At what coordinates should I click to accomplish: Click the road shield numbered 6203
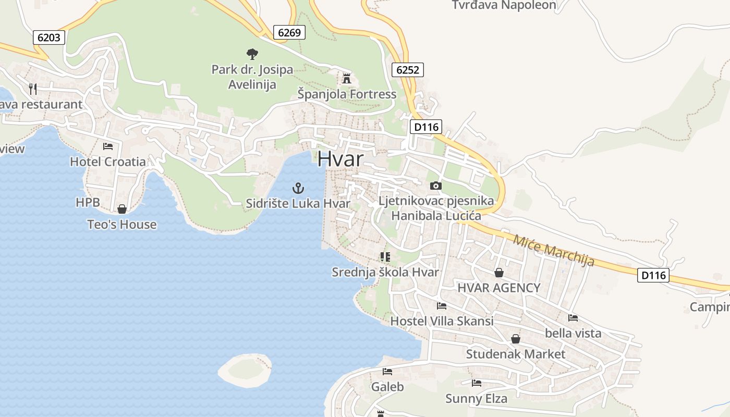(50, 38)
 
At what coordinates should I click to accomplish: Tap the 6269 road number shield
(289, 32)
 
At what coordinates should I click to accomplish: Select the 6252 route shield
(407, 70)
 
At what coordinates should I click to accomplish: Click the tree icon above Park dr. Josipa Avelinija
(252, 53)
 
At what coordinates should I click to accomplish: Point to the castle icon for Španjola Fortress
(347, 79)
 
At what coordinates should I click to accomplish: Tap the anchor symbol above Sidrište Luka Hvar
(298, 188)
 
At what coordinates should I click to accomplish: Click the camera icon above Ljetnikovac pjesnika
(436, 186)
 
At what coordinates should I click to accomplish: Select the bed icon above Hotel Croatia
(108, 146)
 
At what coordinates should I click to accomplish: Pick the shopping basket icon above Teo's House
(122, 209)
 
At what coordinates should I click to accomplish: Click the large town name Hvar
(340, 159)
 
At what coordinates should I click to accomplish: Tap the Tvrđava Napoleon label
(504, 5)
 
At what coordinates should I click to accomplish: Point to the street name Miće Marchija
(554, 251)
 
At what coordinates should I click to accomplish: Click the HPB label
(88, 202)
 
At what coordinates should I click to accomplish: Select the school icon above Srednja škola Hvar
(385, 256)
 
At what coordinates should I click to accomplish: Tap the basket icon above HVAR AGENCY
(499, 273)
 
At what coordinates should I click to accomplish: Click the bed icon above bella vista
(573, 317)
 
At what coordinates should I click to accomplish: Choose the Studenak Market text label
(515, 354)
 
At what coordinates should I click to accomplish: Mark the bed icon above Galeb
(387, 372)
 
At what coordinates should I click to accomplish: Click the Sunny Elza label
(476, 399)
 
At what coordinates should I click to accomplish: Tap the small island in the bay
(245, 370)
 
